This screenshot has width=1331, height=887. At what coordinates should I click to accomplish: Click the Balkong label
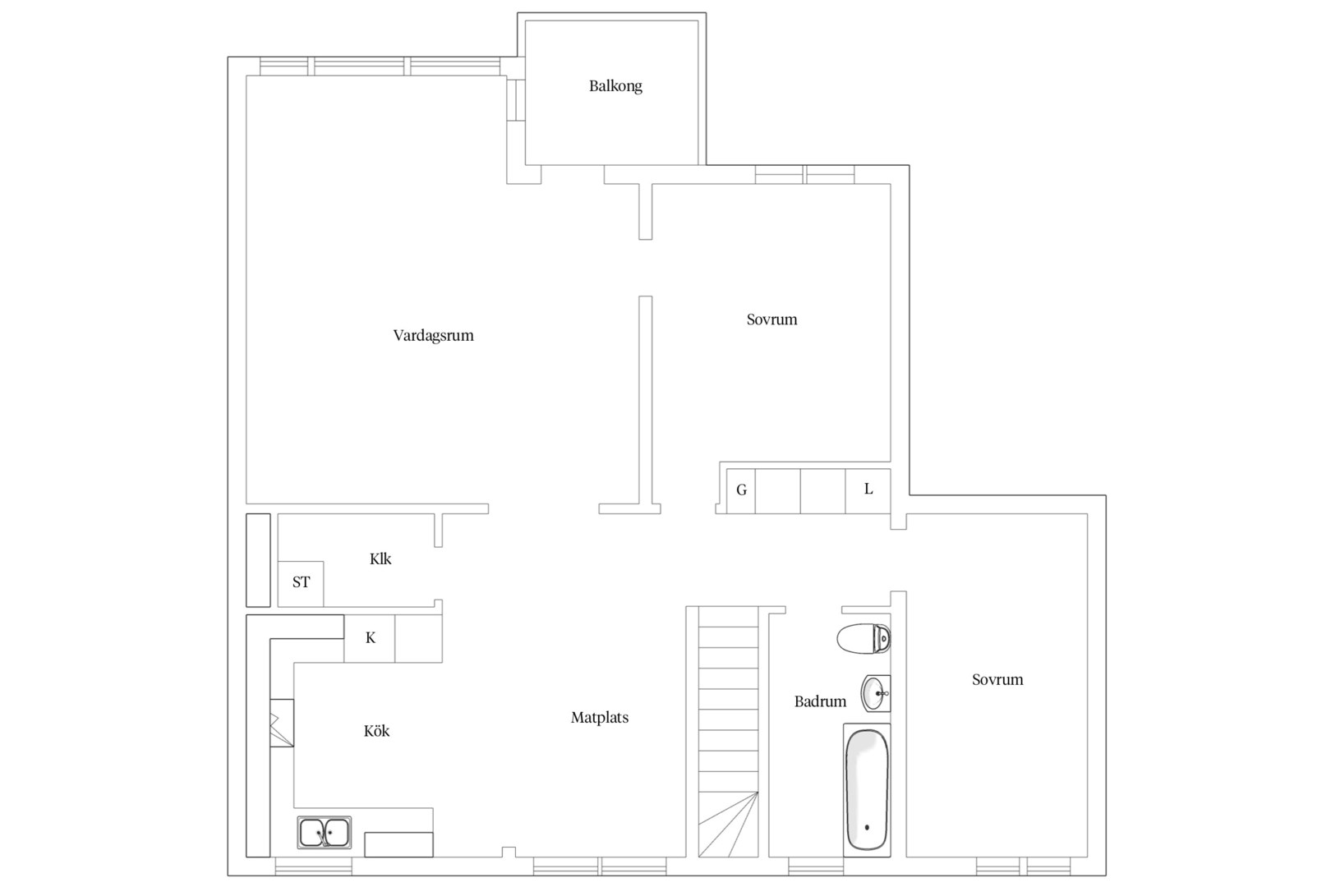coord(615,87)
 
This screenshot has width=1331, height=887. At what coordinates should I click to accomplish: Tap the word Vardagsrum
coord(433,336)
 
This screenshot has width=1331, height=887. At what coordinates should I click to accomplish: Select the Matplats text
coord(600,718)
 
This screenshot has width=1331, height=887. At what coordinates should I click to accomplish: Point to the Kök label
coord(377,731)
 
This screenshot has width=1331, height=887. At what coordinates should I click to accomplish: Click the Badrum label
coord(820,701)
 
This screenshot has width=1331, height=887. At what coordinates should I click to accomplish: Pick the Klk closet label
coord(380,559)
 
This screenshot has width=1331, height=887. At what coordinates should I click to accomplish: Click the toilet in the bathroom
coord(864,639)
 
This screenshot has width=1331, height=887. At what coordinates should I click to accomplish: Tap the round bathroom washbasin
coord(876,693)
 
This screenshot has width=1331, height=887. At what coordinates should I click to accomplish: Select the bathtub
coord(867,790)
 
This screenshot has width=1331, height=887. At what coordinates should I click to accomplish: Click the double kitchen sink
coord(324,832)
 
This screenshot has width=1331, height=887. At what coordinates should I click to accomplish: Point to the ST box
coord(301,583)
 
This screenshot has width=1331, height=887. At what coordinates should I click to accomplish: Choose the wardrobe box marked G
coord(741,491)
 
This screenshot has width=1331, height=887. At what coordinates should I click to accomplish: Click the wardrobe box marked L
coord(868,491)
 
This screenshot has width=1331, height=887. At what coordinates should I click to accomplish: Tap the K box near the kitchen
coord(370,639)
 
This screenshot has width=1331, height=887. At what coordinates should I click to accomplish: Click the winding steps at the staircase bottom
coord(729,825)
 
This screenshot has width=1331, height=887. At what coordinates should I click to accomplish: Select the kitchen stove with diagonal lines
coord(282,723)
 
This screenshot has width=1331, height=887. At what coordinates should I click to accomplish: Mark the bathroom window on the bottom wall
coord(816,866)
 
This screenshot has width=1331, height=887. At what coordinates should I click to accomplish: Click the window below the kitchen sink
coord(314,866)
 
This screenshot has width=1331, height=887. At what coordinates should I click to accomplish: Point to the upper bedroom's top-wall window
coord(805,175)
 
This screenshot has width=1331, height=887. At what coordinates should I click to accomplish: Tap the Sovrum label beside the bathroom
coord(997,680)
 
